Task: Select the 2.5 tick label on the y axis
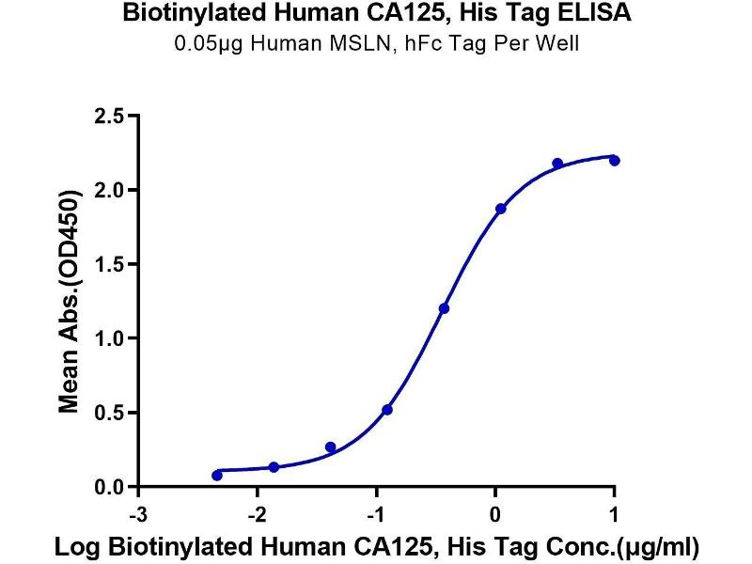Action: click(110, 117)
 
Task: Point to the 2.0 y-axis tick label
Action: click(110, 191)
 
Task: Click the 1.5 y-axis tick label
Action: click(110, 265)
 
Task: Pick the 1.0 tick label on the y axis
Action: click(110, 338)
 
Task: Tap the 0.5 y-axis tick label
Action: click(110, 413)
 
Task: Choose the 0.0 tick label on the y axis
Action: click(110, 487)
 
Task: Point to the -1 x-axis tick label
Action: click(374, 513)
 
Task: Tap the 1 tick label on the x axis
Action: click(614, 513)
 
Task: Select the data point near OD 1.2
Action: click(444, 308)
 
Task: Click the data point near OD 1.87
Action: click(500, 209)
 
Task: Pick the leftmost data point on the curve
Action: click(217, 476)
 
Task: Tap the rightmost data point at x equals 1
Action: click(614, 161)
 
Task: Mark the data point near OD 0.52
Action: click(387, 410)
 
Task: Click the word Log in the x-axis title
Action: click(73, 545)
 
